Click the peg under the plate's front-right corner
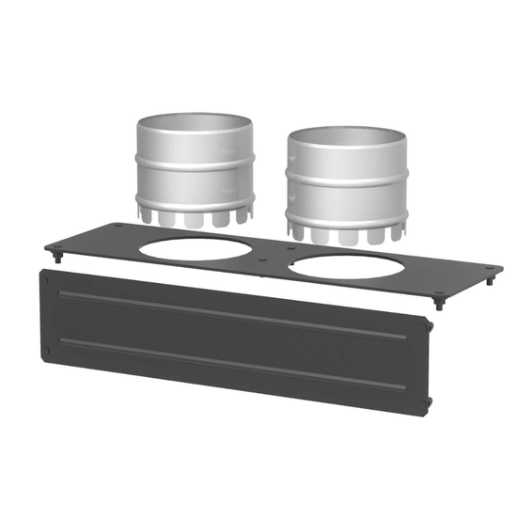coord(438,303)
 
